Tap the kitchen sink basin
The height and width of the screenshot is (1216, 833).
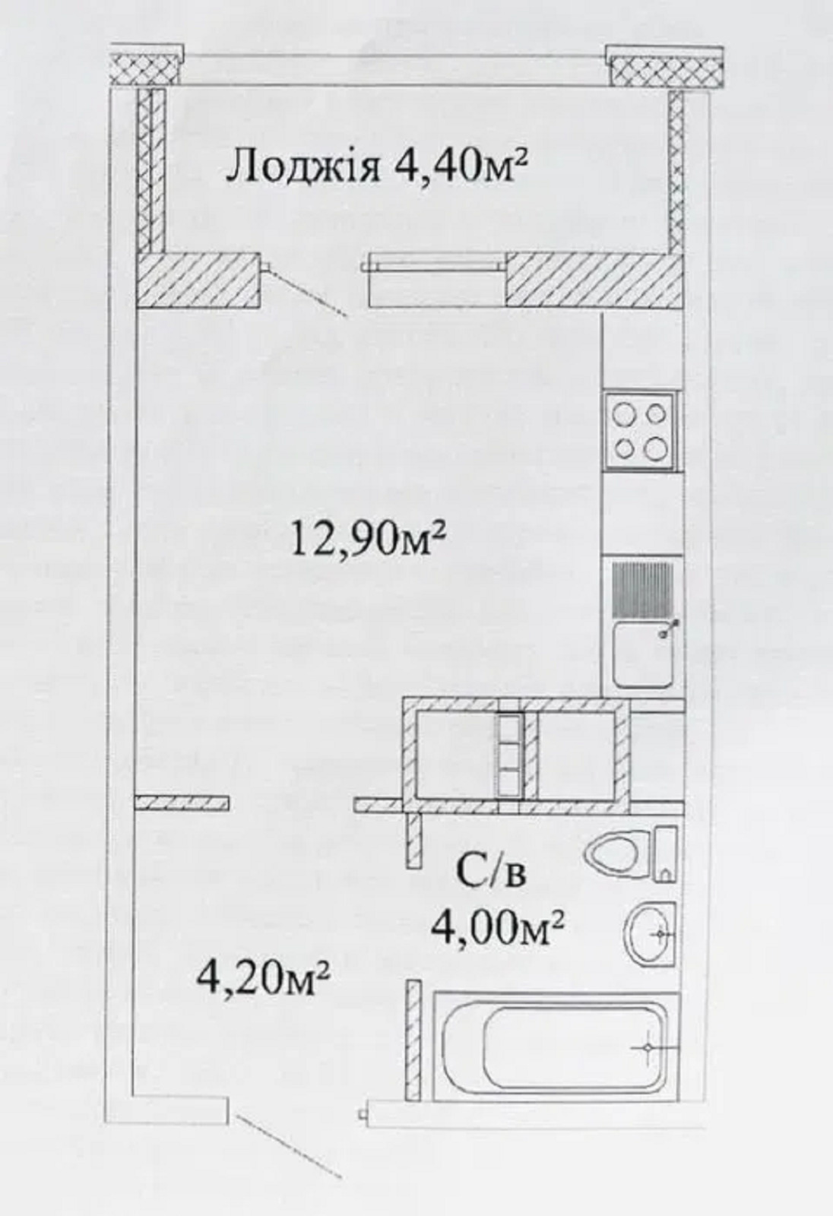tap(644, 654)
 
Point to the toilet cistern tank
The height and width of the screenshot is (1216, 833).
tap(666, 854)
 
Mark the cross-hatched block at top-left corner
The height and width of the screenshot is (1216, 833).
tap(145, 65)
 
